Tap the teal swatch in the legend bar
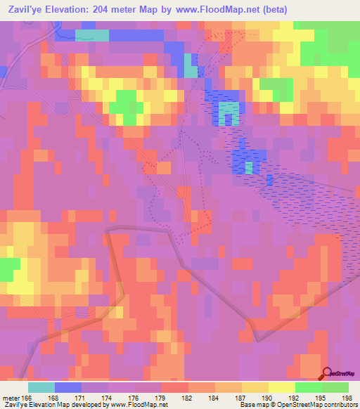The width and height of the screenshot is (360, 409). [41, 387]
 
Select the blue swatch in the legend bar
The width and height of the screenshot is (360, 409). [68, 387]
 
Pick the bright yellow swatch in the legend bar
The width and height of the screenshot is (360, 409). [281, 387]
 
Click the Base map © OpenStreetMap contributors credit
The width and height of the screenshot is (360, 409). [297, 405]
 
